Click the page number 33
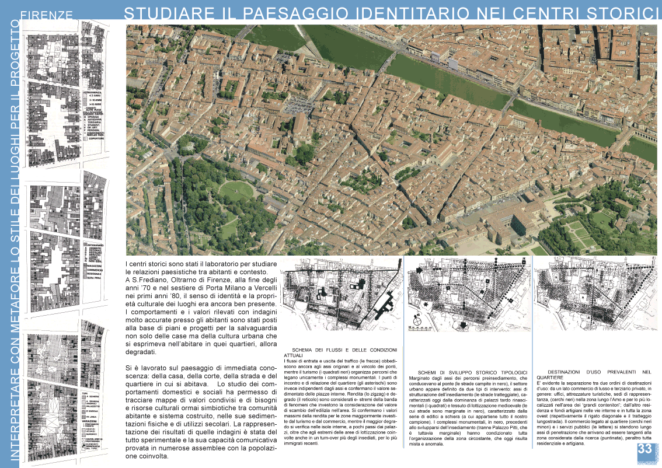point(644,449)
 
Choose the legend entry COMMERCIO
point(95,270)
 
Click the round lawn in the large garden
point(236,190)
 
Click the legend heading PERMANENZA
point(95,92)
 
